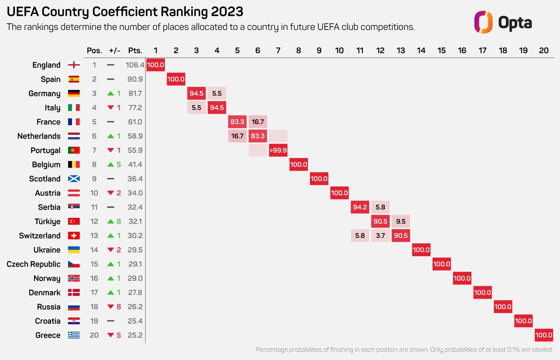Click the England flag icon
(x=74, y=65)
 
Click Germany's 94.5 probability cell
(x=196, y=93)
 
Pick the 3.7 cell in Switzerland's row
(x=381, y=236)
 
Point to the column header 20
(x=544, y=51)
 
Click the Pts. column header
(x=135, y=51)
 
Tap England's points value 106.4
(x=134, y=65)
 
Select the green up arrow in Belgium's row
(x=111, y=165)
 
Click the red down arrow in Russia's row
(x=111, y=307)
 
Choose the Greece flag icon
(x=74, y=335)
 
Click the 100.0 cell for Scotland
(x=319, y=179)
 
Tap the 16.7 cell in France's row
(x=258, y=122)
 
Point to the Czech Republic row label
(x=33, y=264)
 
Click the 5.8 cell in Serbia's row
(x=381, y=207)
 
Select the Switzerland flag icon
(x=74, y=236)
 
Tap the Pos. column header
(x=94, y=51)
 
